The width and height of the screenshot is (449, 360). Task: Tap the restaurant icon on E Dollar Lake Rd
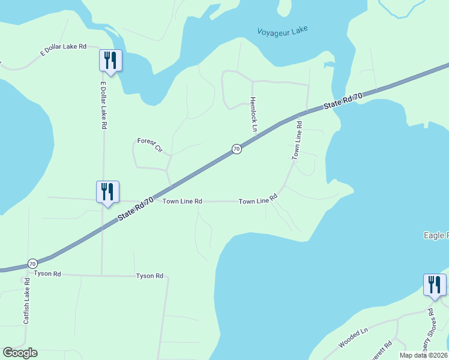click(x=110, y=60)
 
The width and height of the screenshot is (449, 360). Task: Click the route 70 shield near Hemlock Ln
click(x=237, y=148)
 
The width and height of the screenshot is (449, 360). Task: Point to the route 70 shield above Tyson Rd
click(x=32, y=263)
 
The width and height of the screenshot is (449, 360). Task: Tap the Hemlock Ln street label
click(x=253, y=114)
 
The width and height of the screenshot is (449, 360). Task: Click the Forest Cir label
click(x=150, y=145)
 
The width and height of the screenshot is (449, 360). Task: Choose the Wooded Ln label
click(x=352, y=338)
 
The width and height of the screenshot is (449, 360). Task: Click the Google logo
click(x=20, y=353)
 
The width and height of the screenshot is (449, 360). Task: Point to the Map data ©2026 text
click(x=423, y=355)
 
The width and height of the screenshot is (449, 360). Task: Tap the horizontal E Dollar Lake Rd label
click(x=63, y=49)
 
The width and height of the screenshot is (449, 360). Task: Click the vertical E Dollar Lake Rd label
click(x=103, y=105)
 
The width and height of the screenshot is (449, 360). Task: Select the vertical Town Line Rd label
click(x=297, y=140)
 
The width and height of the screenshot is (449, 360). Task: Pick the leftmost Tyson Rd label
click(x=48, y=274)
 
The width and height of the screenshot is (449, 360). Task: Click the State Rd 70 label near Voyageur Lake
click(x=343, y=100)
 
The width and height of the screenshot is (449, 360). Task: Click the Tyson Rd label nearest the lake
click(x=149, y=276)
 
